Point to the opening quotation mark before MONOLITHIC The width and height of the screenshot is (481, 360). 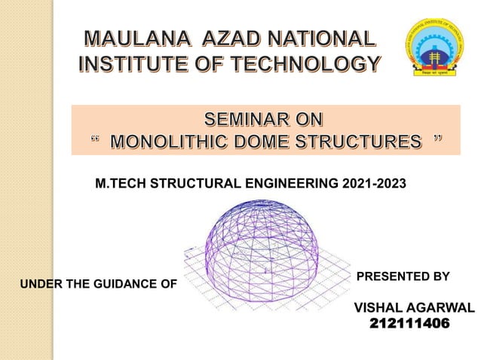pos(94,140)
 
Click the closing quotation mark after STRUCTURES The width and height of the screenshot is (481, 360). pos(437,140)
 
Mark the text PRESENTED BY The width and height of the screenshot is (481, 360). pos(403,276)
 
